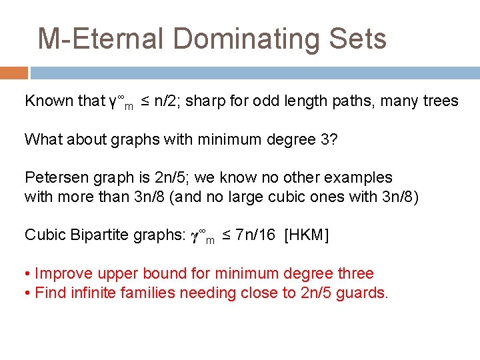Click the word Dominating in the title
coord(244,39)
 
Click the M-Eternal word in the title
coord(100,39)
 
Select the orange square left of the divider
coord(13,73)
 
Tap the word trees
coord(439,101)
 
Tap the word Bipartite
coord(101,235)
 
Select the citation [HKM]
coord(306,235)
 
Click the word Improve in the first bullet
coord(61,273)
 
